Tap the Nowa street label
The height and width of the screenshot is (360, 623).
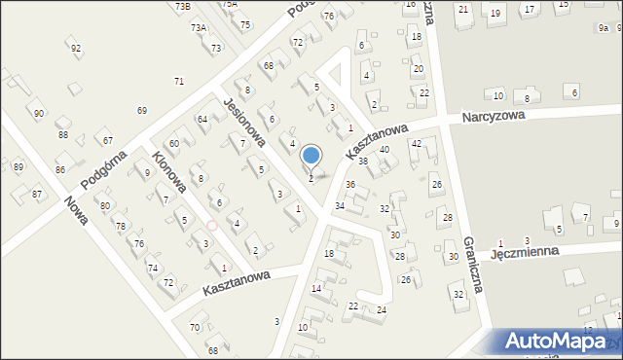76,210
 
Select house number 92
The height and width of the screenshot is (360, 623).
76,48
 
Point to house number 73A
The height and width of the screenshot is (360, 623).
199,28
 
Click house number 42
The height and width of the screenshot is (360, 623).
416,143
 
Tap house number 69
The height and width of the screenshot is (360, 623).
142,111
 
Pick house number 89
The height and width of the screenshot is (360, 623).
18,167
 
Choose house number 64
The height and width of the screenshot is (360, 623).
202,119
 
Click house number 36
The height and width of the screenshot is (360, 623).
350,185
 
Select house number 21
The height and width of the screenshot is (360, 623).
463,10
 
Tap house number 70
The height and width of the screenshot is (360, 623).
195,327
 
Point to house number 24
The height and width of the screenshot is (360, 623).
382,309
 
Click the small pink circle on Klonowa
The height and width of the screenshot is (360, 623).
211,225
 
